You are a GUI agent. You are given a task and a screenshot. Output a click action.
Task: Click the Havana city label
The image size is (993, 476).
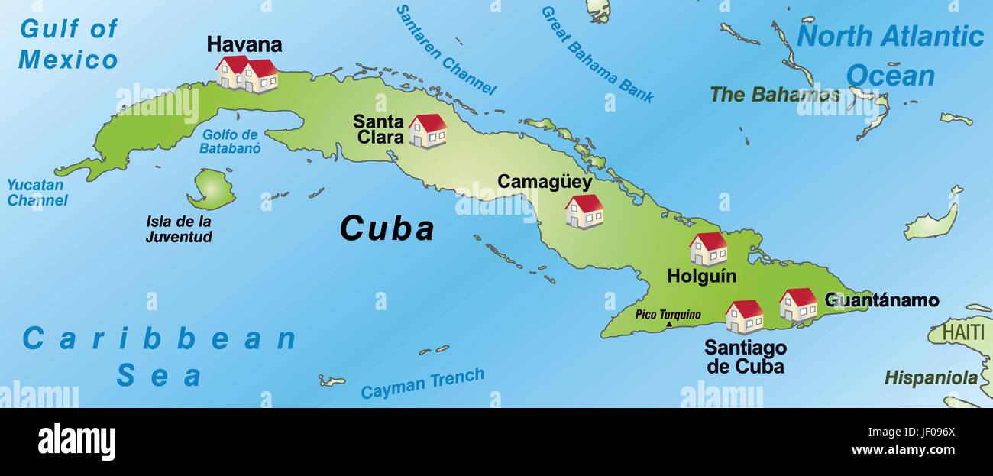244,44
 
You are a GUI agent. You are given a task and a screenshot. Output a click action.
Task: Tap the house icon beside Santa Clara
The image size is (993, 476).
427,131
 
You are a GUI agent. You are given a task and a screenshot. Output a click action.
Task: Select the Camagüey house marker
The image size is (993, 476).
584,211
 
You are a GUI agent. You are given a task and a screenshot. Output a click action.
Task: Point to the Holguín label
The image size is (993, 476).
701,276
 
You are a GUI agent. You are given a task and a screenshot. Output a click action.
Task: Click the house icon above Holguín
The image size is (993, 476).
707,248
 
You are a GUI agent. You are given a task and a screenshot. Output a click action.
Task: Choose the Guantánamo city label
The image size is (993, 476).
881,300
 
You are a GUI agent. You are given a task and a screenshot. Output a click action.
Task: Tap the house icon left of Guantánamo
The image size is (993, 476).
798,304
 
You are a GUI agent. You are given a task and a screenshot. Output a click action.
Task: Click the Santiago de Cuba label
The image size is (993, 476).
745,357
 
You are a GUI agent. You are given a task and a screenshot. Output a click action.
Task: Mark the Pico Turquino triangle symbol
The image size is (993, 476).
669,324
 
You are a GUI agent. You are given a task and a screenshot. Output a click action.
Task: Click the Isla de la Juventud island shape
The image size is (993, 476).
212,189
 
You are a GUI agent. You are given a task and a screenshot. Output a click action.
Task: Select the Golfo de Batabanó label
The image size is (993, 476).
230,141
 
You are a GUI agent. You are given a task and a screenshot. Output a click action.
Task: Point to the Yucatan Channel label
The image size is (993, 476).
37,193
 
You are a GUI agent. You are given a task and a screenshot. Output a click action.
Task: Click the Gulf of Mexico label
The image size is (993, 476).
69,44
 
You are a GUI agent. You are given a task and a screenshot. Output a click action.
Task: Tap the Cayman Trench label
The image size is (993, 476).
422,384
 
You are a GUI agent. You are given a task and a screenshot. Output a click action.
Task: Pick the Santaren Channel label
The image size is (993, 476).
446,49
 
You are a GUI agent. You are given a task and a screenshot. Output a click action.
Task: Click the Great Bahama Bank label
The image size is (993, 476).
597,54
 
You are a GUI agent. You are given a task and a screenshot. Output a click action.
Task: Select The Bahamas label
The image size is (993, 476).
775,95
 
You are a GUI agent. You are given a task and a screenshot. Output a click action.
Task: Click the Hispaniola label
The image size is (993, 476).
930,377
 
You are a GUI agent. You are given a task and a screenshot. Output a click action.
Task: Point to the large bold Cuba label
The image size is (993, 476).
387,228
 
